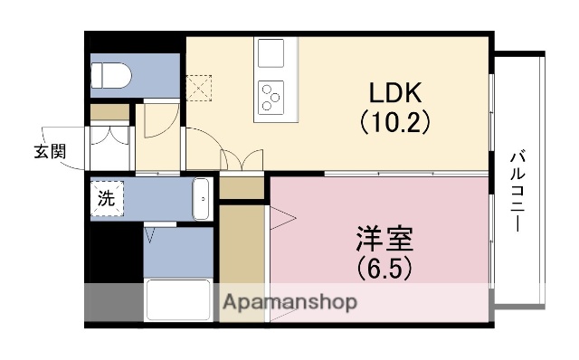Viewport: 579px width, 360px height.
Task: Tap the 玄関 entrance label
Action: click(50, 151)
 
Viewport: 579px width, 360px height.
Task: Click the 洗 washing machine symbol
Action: click(106, 199)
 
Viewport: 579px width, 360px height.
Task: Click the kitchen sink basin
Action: click(271, 53)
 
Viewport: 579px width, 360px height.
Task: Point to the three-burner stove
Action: click(271, 96)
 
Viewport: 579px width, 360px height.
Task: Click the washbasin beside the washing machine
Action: click(202, 198)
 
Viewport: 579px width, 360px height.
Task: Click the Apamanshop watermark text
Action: click(289, 302)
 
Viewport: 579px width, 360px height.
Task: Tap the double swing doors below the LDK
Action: click(242, 159)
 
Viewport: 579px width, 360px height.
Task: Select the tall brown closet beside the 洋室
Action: click(241, 258)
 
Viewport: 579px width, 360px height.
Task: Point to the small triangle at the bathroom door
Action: click(151, 237)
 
